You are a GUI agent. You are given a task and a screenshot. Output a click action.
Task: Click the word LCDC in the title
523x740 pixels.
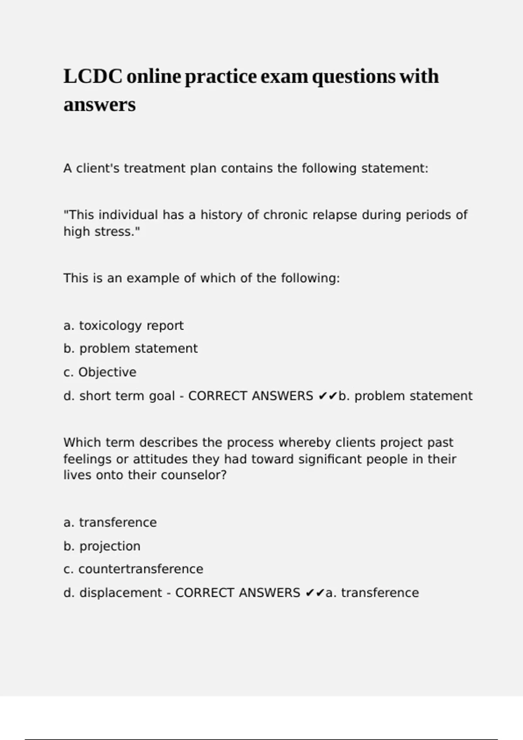point(92,77)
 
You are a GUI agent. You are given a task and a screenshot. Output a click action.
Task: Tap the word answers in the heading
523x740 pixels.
point(99,105)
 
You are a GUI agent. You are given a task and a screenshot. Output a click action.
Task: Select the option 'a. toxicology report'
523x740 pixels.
point(123,326)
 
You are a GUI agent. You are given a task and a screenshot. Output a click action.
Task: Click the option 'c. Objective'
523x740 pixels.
point(100,372)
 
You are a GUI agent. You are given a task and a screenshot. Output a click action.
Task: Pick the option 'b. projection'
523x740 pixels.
point(102,546)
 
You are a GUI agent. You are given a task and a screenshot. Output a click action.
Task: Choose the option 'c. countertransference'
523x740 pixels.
point(133,569)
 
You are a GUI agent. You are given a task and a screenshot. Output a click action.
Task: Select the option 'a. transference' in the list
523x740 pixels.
point(110,522)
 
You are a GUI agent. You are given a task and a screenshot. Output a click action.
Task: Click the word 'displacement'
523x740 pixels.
point(121,593)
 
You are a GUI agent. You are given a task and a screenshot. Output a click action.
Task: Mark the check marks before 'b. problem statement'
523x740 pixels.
point(328,396)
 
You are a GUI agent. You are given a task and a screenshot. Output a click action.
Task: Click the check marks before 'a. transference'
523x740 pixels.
point(315,593)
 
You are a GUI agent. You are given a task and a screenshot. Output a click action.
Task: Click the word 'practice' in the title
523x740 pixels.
point(221,77)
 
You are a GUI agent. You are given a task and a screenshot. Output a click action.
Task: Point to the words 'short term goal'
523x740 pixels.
point(127,396)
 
